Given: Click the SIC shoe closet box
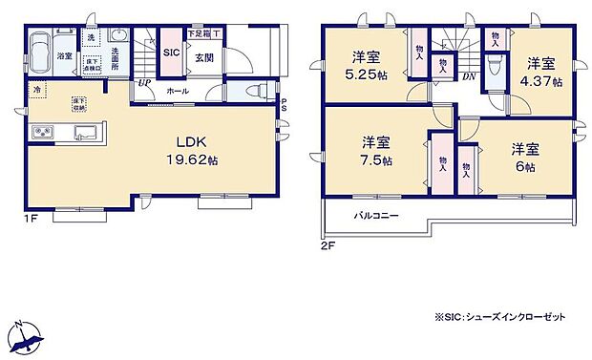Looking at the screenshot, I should (171, 53).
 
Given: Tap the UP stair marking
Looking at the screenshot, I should (143, 83).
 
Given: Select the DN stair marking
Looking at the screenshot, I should (469, 76).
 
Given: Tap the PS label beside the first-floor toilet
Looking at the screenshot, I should (284, 107).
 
